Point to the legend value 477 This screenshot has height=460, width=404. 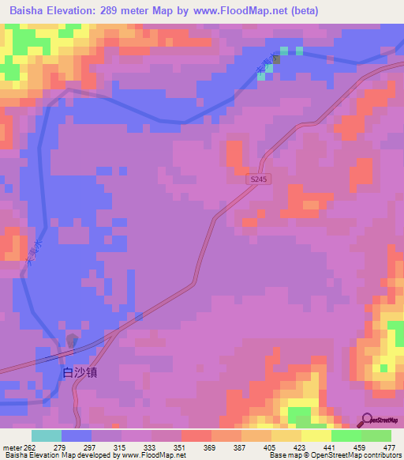(x=390, y=448)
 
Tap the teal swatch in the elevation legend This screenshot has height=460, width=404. (x=47, y=436)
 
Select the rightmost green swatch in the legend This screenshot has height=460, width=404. (x=376, y=436)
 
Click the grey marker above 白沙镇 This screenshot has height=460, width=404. (x=72, y=341)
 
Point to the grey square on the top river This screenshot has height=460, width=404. (x=275, y=59)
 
